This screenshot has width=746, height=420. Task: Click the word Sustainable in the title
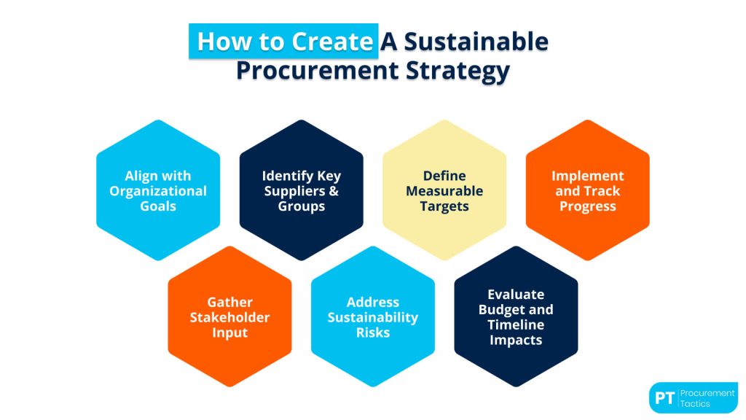475,42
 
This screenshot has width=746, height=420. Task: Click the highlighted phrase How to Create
284,42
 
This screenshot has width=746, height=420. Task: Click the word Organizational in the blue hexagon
158,191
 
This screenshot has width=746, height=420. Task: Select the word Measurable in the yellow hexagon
444,191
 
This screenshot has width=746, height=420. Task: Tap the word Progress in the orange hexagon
587,206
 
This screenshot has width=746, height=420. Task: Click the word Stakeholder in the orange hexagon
229,317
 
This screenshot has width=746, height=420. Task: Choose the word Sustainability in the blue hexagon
373,317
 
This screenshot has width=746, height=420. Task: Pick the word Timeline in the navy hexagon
516,324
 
